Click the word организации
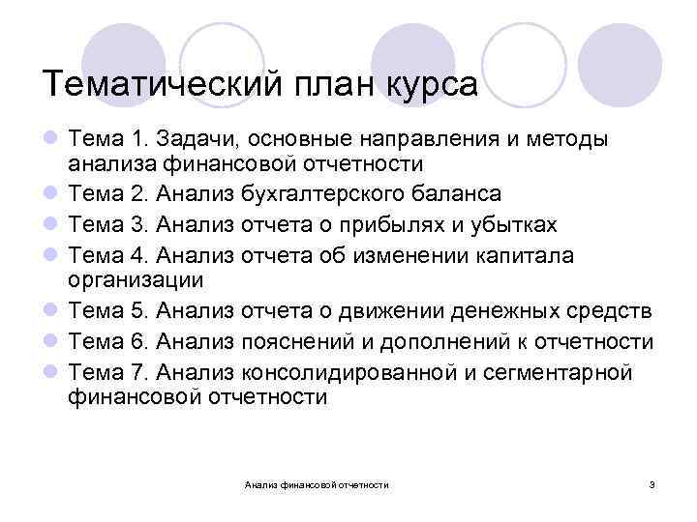(136, 280)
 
